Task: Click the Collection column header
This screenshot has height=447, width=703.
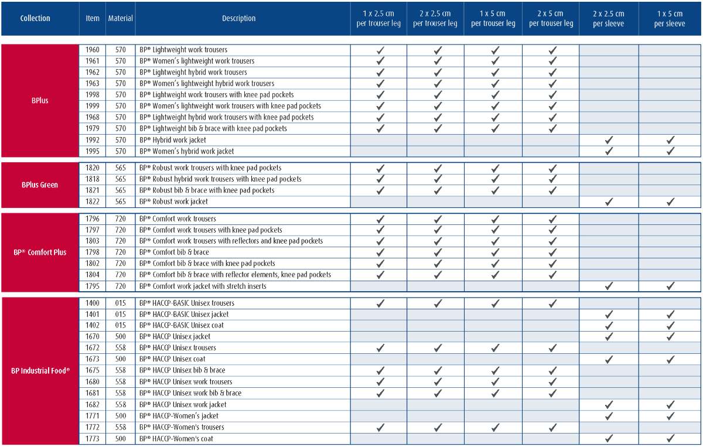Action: (x=35, y=18)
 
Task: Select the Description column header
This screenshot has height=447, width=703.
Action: (x=238, y=18)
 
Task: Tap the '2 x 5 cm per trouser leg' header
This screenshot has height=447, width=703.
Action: (x=551, y=18)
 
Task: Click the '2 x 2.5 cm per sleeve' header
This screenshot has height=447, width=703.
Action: (x=609, y=18)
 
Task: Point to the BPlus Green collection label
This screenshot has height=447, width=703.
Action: (x=40, y=185)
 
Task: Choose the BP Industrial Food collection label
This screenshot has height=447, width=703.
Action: (x=40, y=370)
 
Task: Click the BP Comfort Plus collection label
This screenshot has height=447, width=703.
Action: (x=40, y=252)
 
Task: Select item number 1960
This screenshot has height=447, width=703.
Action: (x=93, y=50)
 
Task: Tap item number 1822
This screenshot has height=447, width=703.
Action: (x=93, y=202)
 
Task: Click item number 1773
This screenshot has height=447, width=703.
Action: (x=93, y=439)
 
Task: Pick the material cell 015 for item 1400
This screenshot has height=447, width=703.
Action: (x=120, y=303)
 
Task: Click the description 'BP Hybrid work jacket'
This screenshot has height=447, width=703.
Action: (x=172, y=140)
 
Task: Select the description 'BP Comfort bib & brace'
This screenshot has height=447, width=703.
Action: (x=173, y=252)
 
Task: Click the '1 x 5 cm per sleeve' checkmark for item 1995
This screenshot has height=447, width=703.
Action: (x=670, y=151)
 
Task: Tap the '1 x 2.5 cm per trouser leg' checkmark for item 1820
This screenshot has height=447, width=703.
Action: (x=380, y=168)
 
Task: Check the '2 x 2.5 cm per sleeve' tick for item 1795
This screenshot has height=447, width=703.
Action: (x=609, y=286)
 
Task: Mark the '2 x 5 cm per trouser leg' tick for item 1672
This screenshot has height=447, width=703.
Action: (x=552, y=348)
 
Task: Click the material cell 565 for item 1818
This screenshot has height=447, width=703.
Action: (x=120, y=179)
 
